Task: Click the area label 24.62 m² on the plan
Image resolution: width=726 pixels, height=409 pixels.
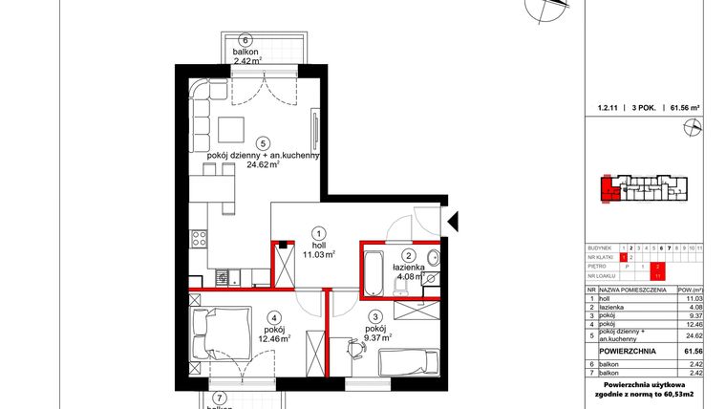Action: click(x=262, y=164)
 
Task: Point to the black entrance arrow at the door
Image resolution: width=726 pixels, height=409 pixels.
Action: click(x=455, y=219)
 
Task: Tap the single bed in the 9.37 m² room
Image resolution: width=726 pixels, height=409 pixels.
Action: click(x=407, y=362)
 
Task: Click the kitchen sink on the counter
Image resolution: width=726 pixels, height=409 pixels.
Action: click(x=221, y=278)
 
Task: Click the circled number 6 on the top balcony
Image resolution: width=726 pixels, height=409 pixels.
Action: click(x=246, y=40)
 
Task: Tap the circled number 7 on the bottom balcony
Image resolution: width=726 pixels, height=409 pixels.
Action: click(x=220, y=398)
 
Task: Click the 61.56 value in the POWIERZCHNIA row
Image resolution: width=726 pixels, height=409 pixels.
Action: click(x=693, y=351)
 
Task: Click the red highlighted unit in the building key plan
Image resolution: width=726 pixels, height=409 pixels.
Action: click(x=607, y=190)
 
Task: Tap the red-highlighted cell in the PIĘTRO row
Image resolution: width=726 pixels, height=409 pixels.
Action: click(x=658, y=267)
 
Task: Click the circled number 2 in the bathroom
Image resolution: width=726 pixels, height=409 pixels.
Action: click(x=407, y=256)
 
